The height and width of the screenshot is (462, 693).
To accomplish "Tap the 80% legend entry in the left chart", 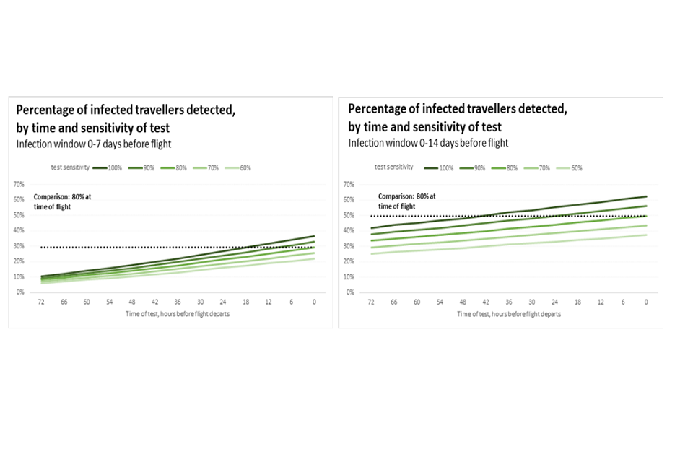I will pyautogui.click(x=171, y=168).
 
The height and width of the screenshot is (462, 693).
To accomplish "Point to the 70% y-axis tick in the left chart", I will pyautogui.click(x=19, y=184).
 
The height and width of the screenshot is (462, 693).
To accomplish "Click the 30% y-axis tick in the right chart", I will pyautogui.click(x=349, y=246).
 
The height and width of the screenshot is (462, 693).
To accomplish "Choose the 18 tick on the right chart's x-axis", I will pyautogui.click(x=577, y=302).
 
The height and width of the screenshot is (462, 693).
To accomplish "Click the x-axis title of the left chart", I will pyautogui.click(x=178, y=314).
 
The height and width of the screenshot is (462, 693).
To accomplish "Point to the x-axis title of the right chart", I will pyautogui.click(x=508, y=314).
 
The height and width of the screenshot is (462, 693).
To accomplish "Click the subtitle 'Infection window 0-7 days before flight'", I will pyautogui.click(x=94, y=144).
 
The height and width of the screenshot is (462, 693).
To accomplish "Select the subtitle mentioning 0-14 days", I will pyautogui.click(x=428, y=143).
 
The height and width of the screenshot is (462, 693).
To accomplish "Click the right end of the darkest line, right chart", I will pyautogui.click(x=645, y=196).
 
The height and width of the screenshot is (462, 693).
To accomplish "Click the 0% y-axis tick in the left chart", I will pyautogui.click(x=20, y=292).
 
